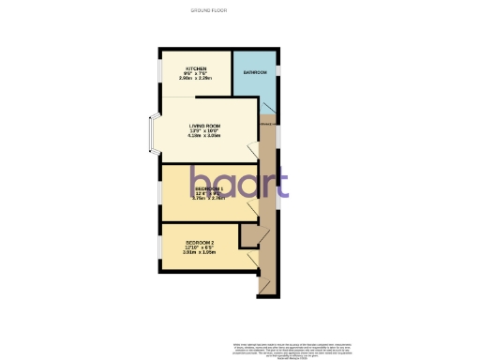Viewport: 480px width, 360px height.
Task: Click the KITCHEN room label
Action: tap(197, 68)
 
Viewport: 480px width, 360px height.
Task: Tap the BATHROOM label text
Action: tap(255, 72)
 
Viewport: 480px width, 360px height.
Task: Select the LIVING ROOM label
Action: tap(205, 126)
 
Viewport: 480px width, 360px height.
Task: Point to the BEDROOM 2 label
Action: tap(199, 245)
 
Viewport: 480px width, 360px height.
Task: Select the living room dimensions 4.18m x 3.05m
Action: tap(205, 137)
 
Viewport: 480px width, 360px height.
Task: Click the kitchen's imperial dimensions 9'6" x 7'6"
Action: tap(197, 74)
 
